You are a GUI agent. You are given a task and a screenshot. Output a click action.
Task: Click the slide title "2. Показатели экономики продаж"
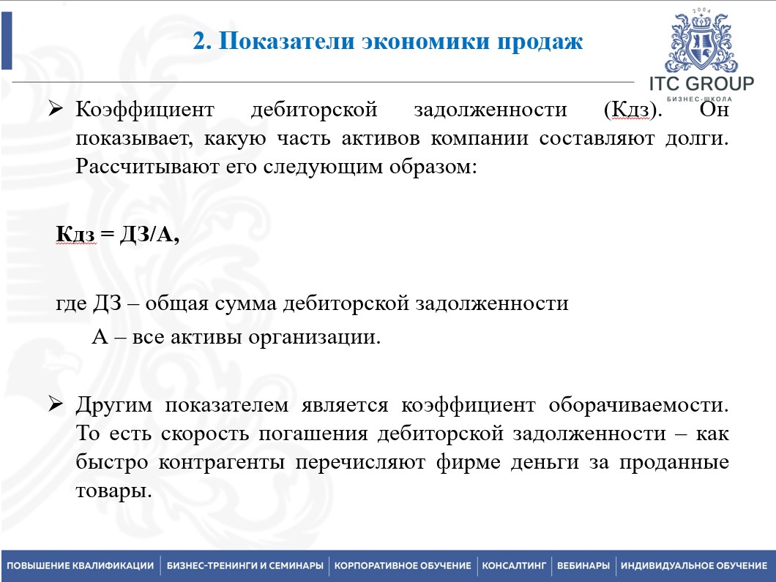click(387, 42)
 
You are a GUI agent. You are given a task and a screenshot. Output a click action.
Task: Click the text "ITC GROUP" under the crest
click(701, 83)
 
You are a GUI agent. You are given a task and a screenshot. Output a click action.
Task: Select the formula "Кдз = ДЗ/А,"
click(117, 235)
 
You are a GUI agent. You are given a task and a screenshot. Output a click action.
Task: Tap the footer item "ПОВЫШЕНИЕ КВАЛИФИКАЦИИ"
click(80, 566)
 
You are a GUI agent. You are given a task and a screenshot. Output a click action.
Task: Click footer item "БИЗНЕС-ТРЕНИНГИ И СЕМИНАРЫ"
click(245, 566)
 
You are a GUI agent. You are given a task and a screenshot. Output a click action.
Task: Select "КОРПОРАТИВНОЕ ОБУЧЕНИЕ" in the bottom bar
click(403, 566)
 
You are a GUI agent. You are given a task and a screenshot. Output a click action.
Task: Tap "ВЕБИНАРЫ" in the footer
click(583, 566)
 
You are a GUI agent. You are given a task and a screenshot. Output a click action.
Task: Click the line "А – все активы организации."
click(236, 338)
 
